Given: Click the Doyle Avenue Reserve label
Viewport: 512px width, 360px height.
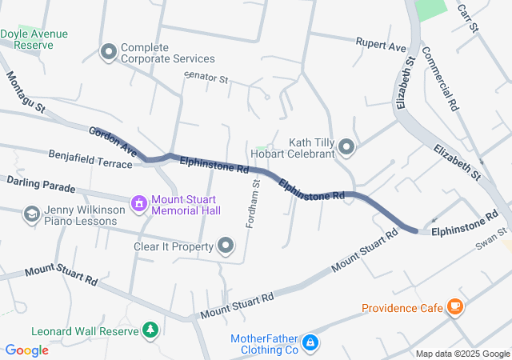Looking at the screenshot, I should pyautogui.click(x=34, y=39).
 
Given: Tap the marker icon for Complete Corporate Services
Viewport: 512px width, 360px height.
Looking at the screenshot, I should pyautogui.click(x=109, y=53).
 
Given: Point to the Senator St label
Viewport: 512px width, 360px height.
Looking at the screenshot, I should pyautogui.click(x=206, y=78).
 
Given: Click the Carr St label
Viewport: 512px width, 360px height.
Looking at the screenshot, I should pyautogui.click(x=466, y=17).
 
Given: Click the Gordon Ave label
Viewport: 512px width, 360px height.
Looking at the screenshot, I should pyautogui.click(x=113, y=141).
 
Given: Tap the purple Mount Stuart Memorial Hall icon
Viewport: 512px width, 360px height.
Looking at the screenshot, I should pyautogui.click(x=139, y=204).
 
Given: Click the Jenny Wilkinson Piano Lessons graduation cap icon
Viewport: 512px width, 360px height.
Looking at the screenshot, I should pyautogui.click(x=31, y=214).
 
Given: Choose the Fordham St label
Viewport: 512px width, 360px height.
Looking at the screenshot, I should pyautogui.click(x=253, y=203).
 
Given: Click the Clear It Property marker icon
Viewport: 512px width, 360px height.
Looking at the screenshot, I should pyautogui.click(x=226, y=246).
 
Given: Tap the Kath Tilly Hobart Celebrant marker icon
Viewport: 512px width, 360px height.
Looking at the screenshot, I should pyautogui.click(x=346, y=146).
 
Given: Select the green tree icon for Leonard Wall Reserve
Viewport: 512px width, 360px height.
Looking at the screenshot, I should pyautogui.click(x=150, y=330).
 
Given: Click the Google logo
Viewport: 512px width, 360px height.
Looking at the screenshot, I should pyautogui.click(x=26, y=350).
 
